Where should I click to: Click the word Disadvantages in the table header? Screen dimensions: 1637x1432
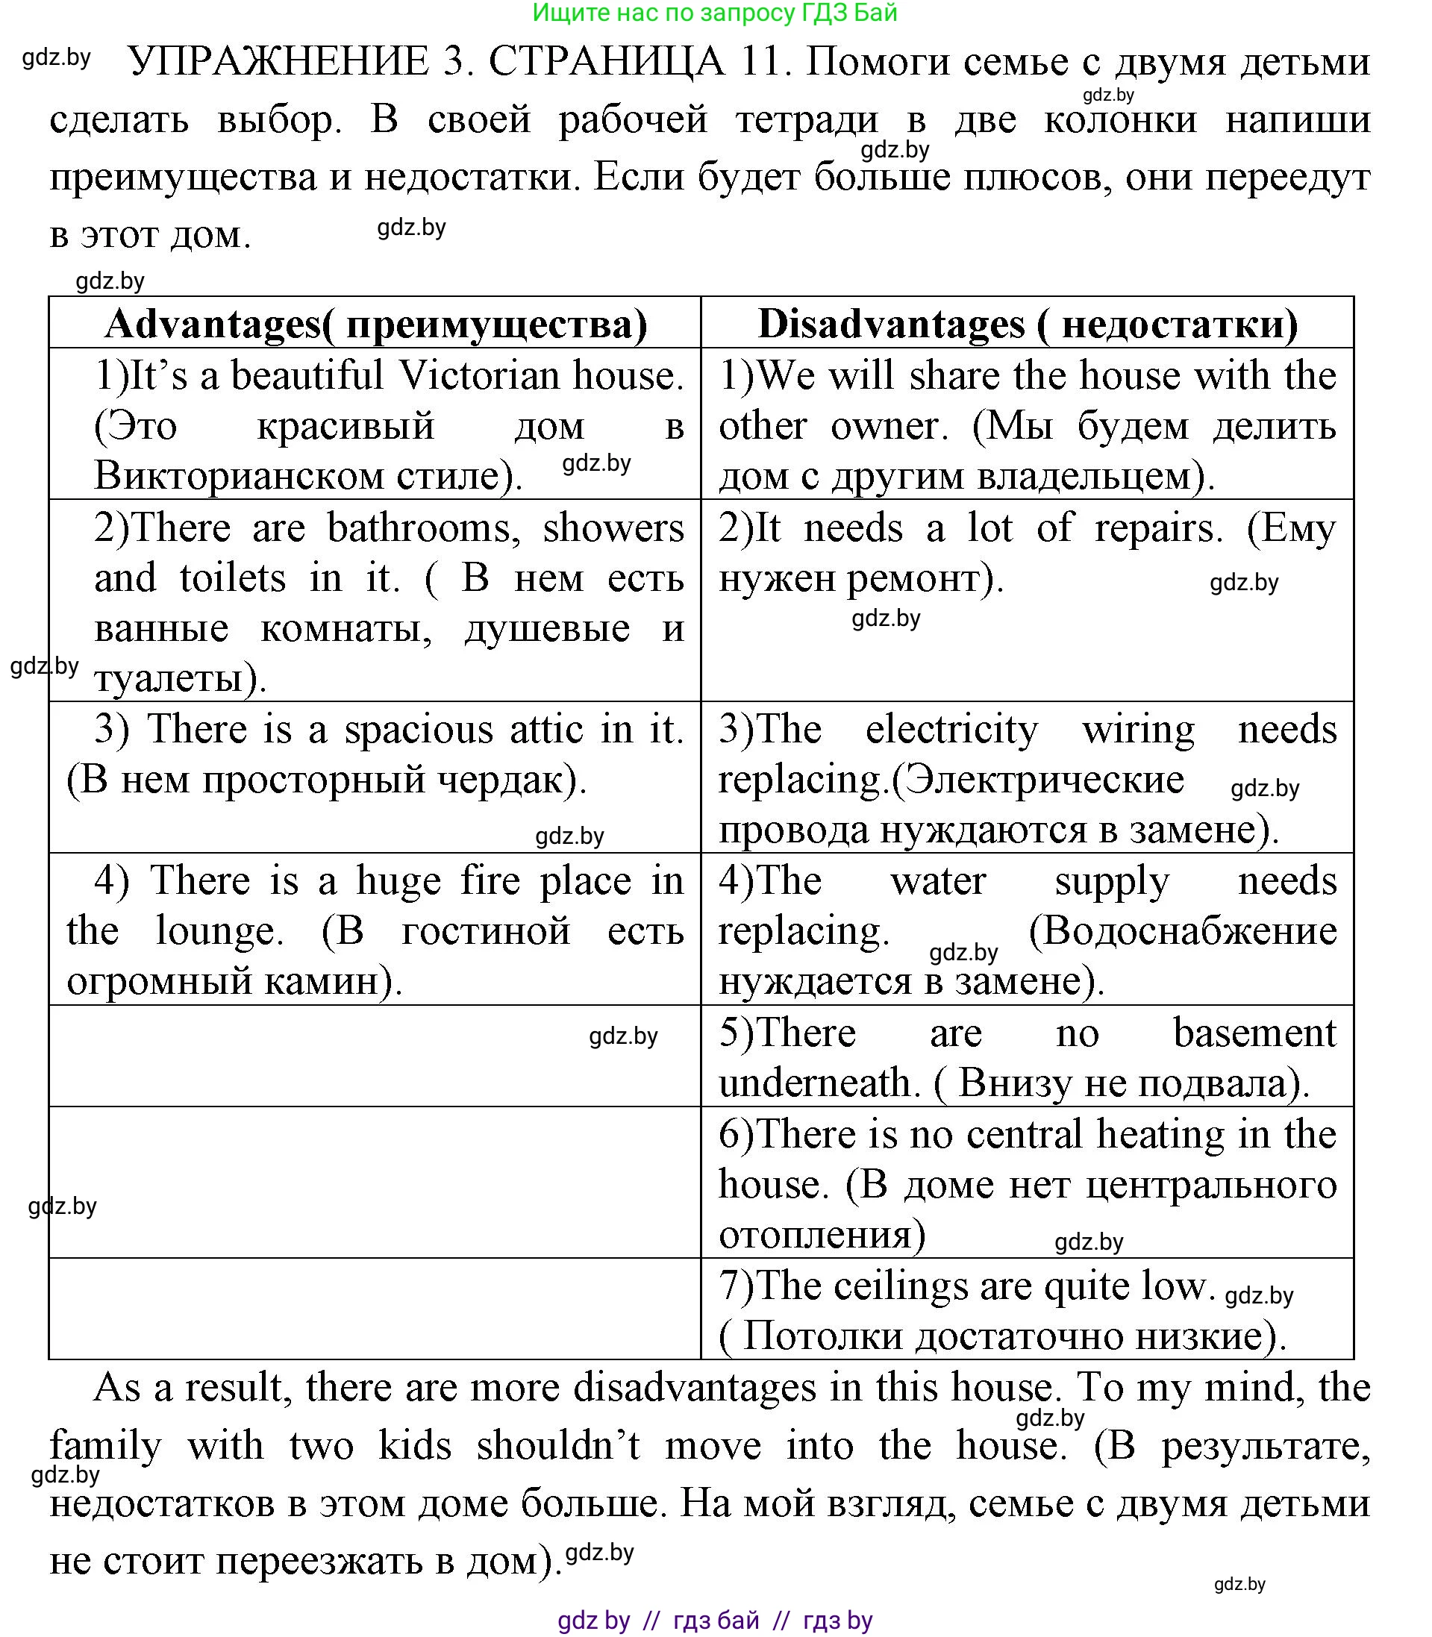(x=890, y=325)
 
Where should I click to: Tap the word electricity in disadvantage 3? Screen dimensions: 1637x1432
(x=951, y=730)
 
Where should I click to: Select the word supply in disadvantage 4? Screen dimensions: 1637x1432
(x=1112, y=881)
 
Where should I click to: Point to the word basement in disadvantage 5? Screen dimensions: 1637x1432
(x=1254, y=1033)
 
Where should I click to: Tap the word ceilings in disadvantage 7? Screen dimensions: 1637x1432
(x=902, y=1287)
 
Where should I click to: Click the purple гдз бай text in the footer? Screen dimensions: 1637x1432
(x=716, y=1621)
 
